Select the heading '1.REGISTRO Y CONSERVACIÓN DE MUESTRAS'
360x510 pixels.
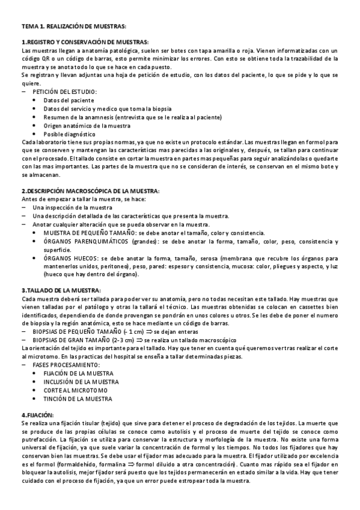click(x=85, y=43)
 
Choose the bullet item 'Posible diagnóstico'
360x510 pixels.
click(x=70, y=134)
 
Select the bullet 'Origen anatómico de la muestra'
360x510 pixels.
click(x=87, y=125)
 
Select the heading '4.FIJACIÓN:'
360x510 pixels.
click(x=37, y=416)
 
